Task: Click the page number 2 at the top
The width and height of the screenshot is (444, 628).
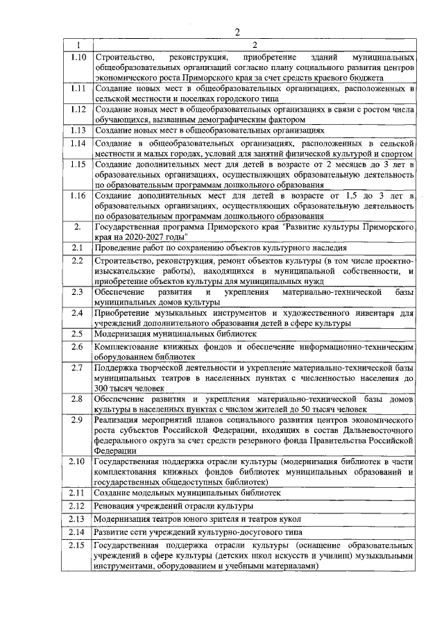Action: [x=237, y=32]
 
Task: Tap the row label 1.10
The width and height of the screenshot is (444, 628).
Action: [x=78, y=56]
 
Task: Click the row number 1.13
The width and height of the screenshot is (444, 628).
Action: [x=78, y=130]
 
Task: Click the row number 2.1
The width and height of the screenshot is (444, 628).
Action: [x=78, y=248]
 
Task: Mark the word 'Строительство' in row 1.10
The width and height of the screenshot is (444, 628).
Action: [x=123, y=56]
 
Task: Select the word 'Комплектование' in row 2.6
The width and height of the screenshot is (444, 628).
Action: [x=128, y=346]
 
